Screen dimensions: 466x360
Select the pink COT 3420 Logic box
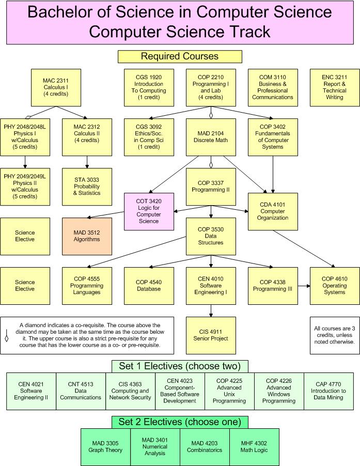[x=148, y=211]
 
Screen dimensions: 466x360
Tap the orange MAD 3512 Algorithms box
[x=86, y=236]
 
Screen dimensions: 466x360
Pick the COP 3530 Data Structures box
[x=211, y=236]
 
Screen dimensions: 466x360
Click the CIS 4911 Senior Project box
[x=211, y=335]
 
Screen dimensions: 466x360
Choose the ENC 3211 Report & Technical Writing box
[x=334, y=87]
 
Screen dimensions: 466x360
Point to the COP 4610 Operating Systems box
[x=334, y=285]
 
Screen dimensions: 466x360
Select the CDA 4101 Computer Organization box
[x=273, y=211]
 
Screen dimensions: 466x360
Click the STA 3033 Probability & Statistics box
[x=86, y=186]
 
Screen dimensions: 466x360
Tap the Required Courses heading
[x=180, y=56]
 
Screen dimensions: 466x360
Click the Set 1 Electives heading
[x=180, y=366]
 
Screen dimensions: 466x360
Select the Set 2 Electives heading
[x=180, y=422]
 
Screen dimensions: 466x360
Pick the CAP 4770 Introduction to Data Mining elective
[x=328, y=391]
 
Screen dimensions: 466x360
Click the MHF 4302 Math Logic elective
[x=254, y=446]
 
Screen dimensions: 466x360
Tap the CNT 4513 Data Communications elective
[x=81, y=391]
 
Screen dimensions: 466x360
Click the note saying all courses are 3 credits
[x=334, y=335]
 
